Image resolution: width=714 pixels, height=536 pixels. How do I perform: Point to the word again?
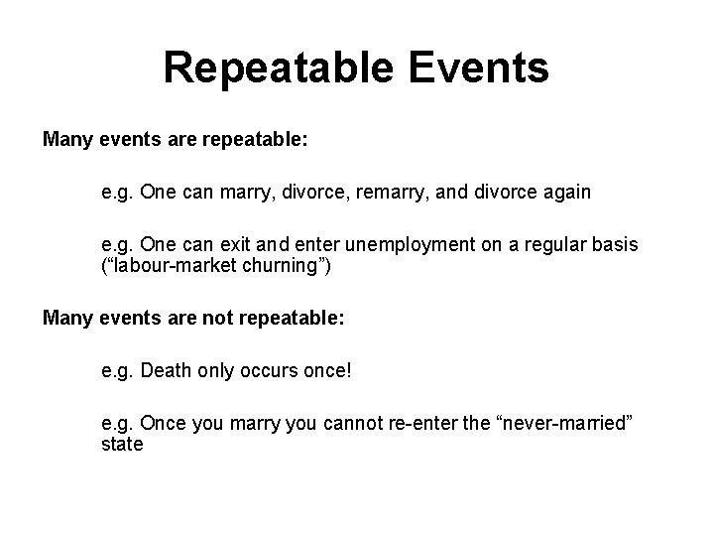[563, 193]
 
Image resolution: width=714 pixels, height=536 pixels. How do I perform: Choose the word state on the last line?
[122, 444]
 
